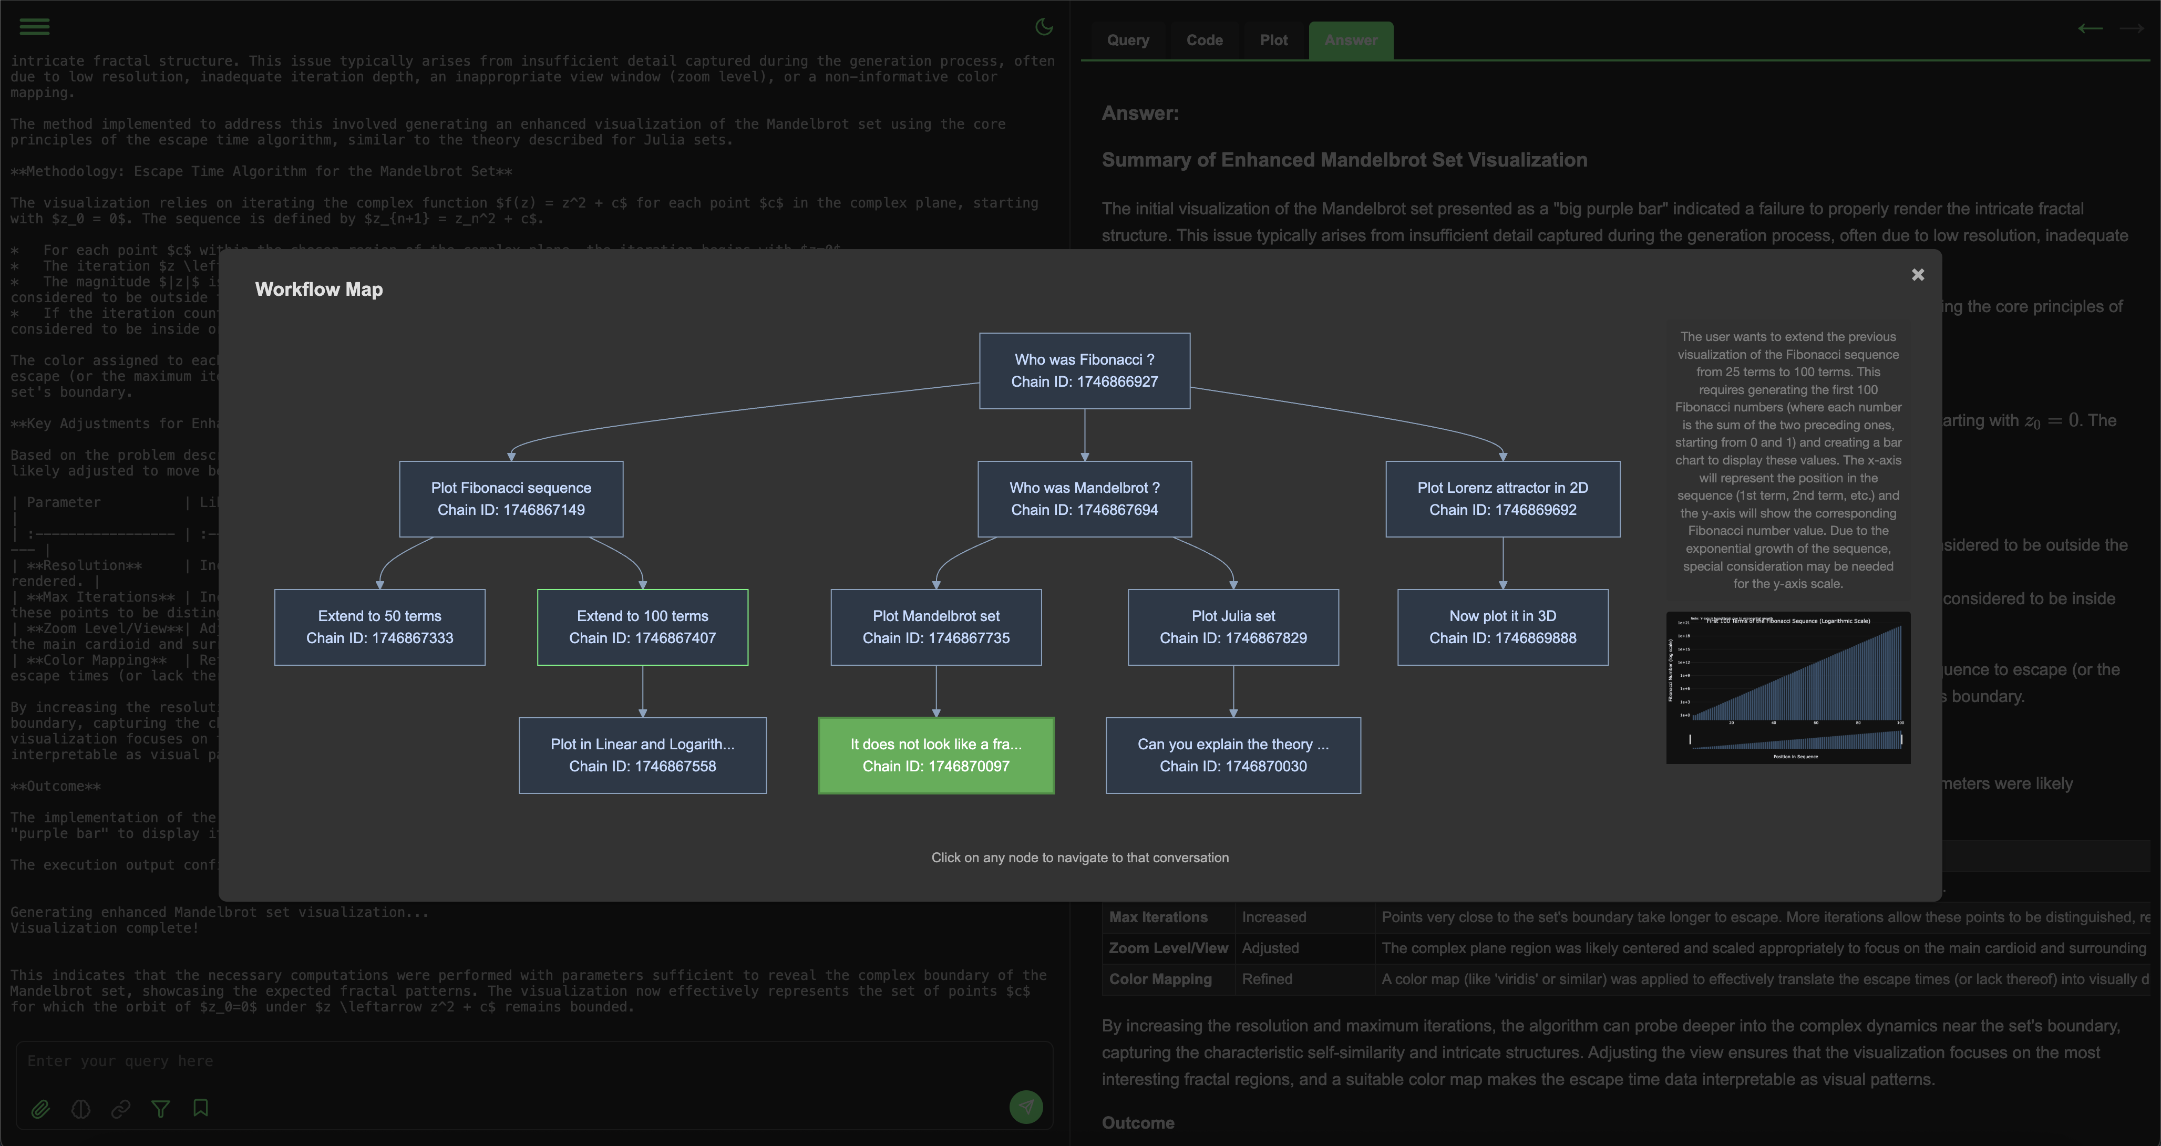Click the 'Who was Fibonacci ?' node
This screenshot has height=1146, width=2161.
[x=1084, y=371]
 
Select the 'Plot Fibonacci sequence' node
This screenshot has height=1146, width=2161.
[x=511, y=499]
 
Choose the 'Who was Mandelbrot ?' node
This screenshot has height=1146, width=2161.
[x=1084, y=499]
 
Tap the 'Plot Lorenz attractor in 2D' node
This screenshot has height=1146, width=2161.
[x=1501, y=499]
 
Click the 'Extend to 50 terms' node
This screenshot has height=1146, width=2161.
[x=379, y=627]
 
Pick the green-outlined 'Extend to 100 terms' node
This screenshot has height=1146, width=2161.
[x=642, y=627]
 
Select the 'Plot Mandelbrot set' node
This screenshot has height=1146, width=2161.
[x=935, y=627]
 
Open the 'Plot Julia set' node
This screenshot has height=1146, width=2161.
[x=1232, y=627]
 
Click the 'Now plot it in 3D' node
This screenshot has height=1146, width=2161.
[x=1501, y=627]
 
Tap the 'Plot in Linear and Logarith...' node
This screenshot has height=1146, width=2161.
[x=642, y=755]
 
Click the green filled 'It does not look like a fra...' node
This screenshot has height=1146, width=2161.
[x=935, y=755]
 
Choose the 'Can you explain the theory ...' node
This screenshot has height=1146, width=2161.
[x=1232, y=755]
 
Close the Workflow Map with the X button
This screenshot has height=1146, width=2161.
[x=1917, y=275]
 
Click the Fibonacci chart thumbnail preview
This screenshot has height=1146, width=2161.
[x=1788, y=687]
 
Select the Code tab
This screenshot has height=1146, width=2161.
[x=1204, y=40]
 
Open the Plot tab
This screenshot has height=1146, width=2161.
[x=1273, y=40]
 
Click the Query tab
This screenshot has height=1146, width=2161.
[x=1127, y=40]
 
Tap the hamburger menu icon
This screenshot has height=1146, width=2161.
[x=34, y=27]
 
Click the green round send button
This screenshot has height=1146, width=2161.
[x=1025, y=1107]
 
